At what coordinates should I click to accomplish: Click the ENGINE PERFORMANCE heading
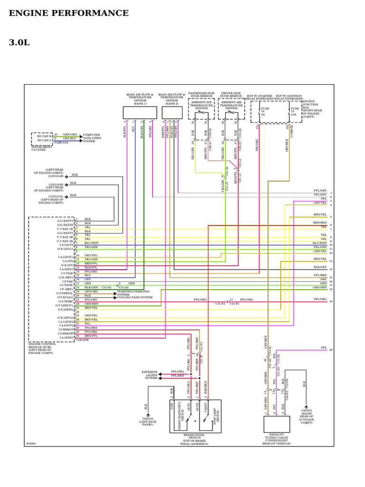[x=68, y=13]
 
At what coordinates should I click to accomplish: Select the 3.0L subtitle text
[x=19, y=43]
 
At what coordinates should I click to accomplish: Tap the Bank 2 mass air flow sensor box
[x=171, y=113]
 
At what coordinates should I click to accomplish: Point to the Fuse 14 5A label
[x=263, y=112]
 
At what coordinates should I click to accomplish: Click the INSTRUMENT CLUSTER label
[x=42, y=148]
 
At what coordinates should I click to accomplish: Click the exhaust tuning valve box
[x=278, y=424]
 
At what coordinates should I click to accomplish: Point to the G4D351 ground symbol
[x=306, y=405]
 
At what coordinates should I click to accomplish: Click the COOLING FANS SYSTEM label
[x=135, y=297]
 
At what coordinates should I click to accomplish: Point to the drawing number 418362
[x=31, y=443]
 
